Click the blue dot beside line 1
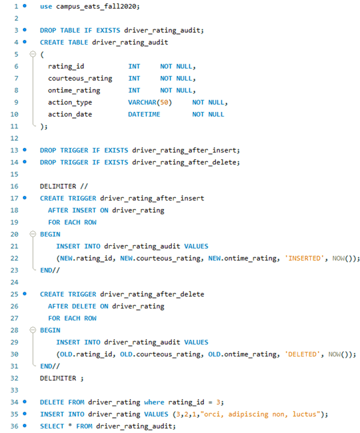click(24, 6)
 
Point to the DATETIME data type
click(146, 114)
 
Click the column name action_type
click(70, 102)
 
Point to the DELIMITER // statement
click(58, 186)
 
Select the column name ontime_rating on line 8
click(74, 90)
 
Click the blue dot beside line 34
click(24, 403)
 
